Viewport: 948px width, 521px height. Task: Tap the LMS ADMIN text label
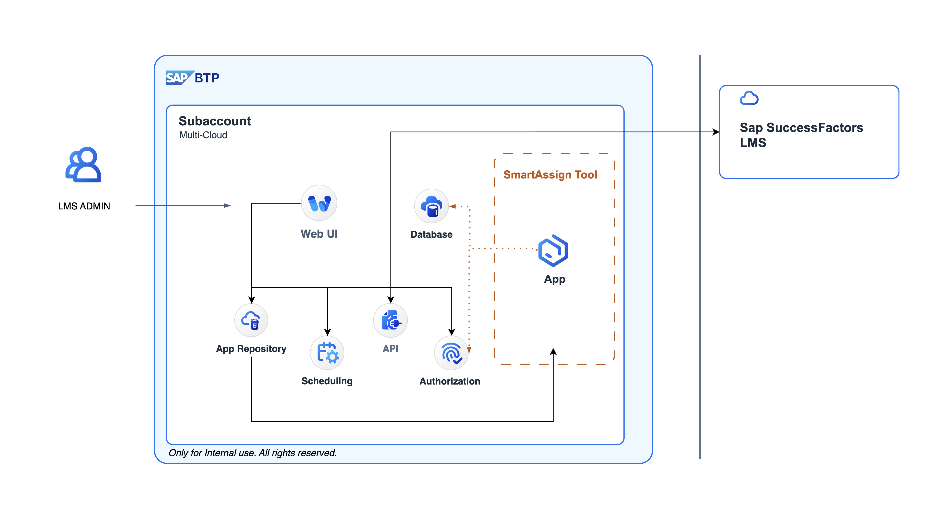click(x=84, y=206)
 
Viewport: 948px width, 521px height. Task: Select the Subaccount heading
click(x=215, y=121)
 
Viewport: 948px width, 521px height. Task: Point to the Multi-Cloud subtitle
click(x=203, y=135)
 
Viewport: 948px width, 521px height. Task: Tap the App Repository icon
click(x=251, y=320)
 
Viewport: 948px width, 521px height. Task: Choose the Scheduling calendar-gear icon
click(x=327, y=353)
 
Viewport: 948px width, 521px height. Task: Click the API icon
click(x=390, y=320)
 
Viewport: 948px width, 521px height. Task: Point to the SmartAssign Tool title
click(x=550, y=174)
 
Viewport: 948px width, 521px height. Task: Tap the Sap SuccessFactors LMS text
click(x=801, y=135)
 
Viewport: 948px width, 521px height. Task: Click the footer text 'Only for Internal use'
click(x=252, y=453)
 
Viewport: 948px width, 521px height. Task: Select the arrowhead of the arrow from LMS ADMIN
click(x=227, y=205)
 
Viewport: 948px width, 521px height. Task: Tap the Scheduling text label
click(x=327, y=381)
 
